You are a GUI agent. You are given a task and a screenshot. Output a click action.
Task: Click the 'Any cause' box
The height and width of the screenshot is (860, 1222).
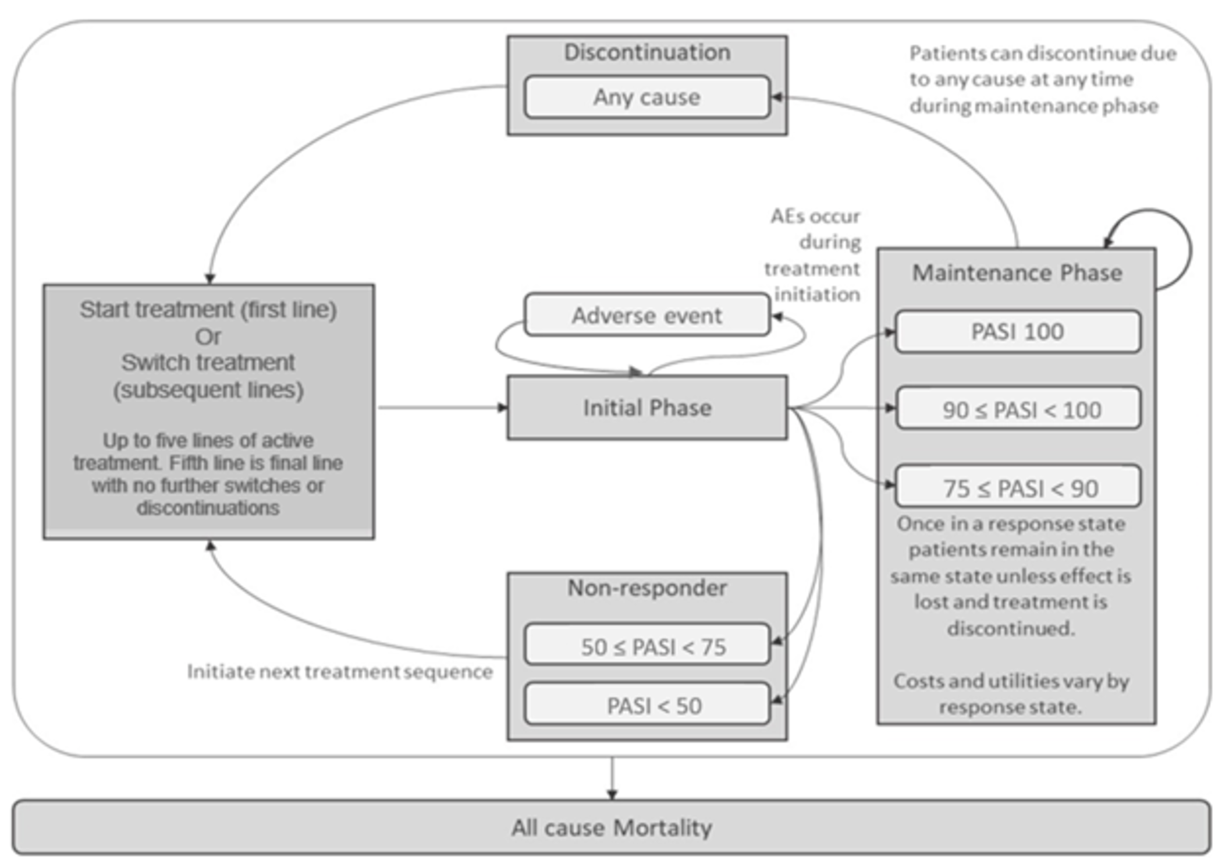[646, 97]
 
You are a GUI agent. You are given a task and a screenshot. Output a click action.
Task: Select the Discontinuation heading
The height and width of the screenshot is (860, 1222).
[646, 52]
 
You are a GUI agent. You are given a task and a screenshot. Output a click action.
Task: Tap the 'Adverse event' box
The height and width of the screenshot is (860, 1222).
[646, 315]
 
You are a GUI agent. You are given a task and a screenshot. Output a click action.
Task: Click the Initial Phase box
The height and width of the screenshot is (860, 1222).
[646, 408]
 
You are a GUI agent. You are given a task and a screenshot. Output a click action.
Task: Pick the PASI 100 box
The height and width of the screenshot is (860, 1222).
[1017, 332]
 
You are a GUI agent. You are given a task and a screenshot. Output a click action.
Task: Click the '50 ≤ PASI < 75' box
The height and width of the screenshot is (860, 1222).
[646, 645]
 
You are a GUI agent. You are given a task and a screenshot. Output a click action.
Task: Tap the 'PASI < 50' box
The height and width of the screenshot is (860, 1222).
[646, 705]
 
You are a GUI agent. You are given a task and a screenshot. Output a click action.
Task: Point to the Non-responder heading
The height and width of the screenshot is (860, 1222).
[646, 588]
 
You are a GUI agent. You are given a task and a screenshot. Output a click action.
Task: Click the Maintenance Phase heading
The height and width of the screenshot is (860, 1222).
[1017, 272]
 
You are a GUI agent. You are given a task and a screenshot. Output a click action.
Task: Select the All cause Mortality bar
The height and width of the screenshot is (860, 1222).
[611, 827]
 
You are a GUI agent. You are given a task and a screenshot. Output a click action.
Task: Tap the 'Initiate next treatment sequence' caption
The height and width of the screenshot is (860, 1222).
[339, 672]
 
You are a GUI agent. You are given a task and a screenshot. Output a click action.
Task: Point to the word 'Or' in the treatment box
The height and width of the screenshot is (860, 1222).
[208, 337]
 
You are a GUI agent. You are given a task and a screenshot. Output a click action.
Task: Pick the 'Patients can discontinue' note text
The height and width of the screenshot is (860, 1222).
[1042, 80]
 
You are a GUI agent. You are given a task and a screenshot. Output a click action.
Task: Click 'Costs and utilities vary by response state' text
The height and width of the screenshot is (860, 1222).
[1011, 693]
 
